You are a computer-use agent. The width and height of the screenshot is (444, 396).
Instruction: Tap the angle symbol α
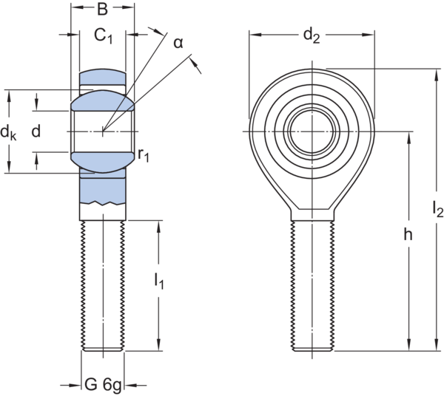tap(178, 42)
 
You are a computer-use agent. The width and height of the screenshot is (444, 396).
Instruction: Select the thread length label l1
tap(158, 281)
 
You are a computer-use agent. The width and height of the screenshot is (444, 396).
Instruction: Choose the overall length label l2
tap(437, 209)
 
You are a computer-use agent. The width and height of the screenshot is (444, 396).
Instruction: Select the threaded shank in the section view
tap(103, 284)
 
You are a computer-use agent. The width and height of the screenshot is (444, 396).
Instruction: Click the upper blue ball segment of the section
tap(103, 99)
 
